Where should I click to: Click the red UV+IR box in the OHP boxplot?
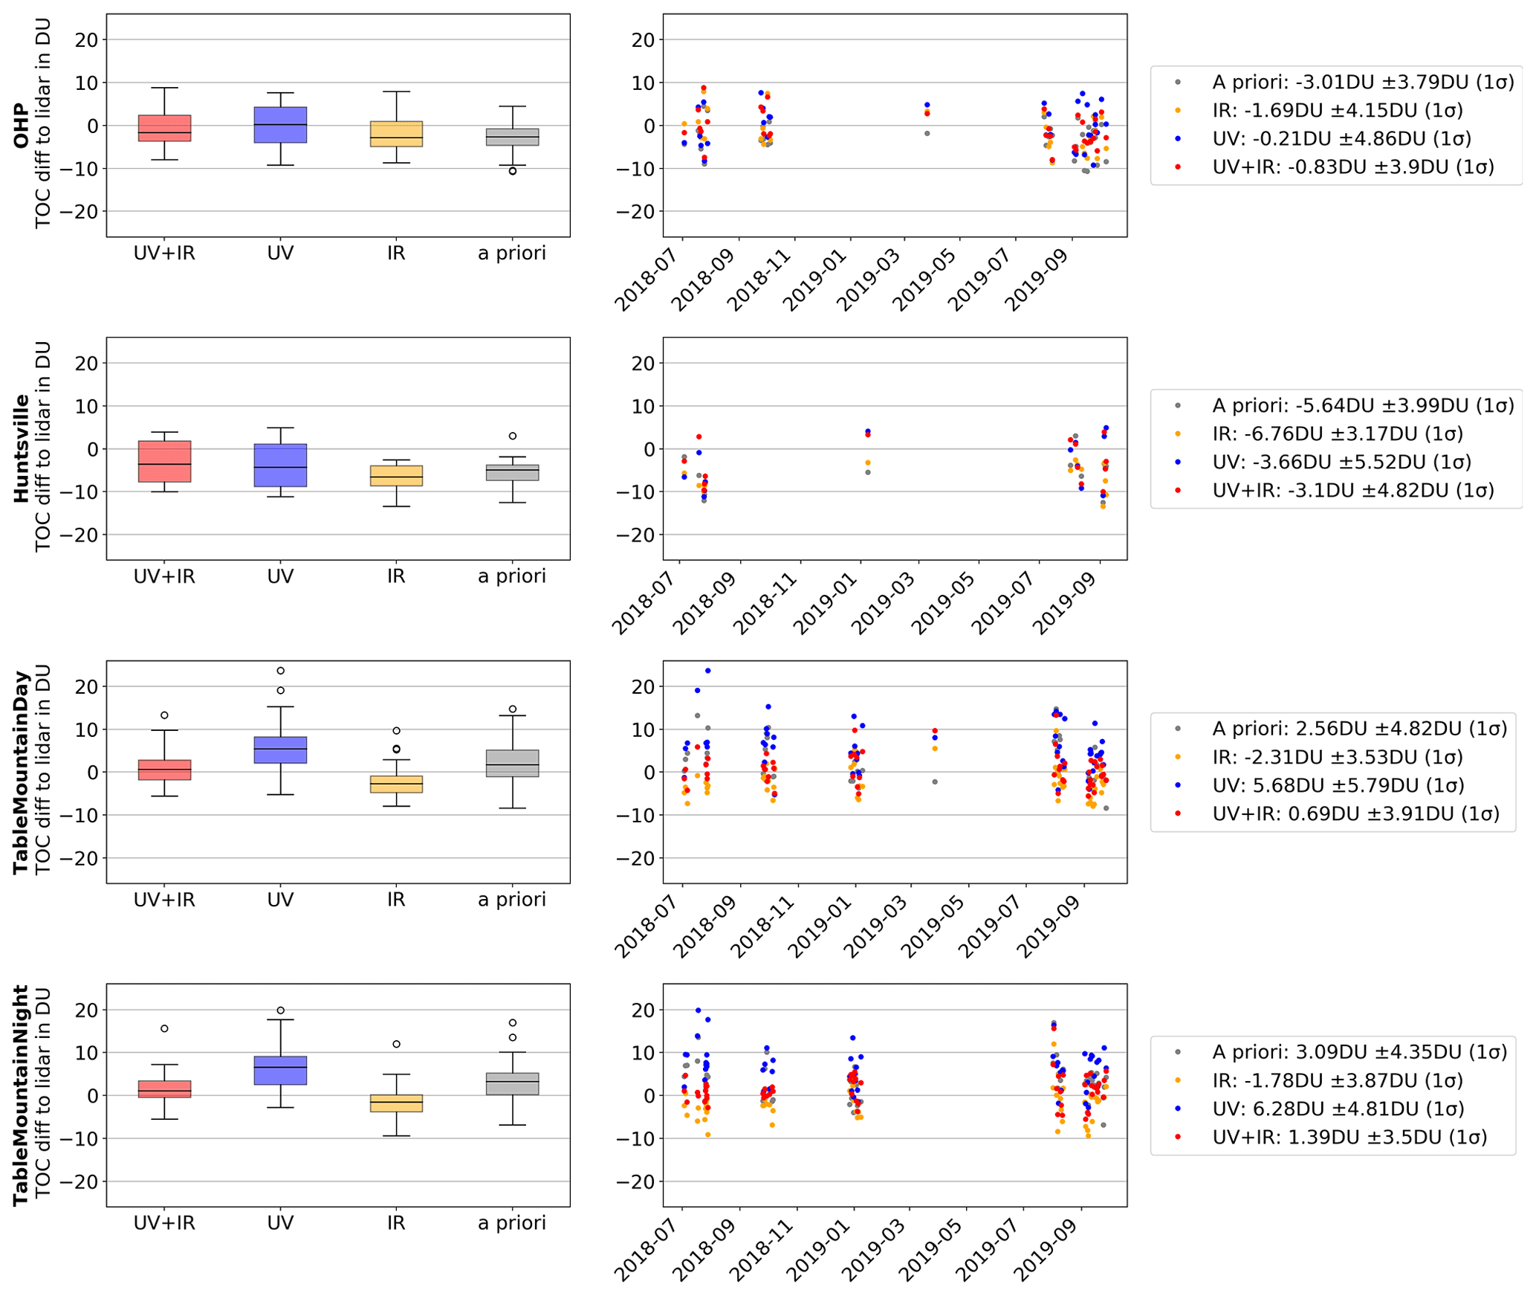tap(164, 128)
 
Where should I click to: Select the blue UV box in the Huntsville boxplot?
tap(280, 465)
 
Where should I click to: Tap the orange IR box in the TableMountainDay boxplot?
tap(396, 784)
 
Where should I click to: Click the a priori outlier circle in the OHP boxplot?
tap(513, 171)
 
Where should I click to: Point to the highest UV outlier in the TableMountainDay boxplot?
tap(280, 671)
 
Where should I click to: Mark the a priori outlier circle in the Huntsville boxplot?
tap(513, 436)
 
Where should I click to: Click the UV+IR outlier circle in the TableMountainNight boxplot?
tap(164, 1028)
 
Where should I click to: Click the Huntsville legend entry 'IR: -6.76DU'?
tap(1337, 433)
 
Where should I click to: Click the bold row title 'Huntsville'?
tap(21, 448)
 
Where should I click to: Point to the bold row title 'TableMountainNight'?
tap(21, 1094)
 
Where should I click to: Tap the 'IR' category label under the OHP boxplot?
tap(396, 254)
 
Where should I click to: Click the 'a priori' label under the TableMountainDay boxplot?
tap(512, 900)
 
